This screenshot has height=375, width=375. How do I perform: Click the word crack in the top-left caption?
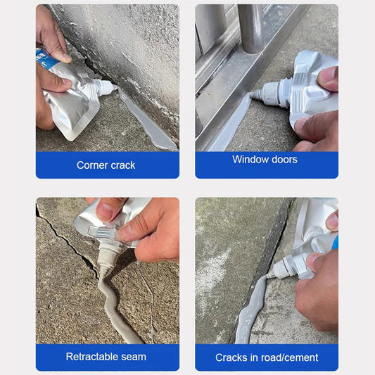point(122,165)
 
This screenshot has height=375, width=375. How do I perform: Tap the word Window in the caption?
point(248,160)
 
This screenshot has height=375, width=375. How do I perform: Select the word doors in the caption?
point(282,160)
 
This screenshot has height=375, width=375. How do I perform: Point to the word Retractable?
point(92,357)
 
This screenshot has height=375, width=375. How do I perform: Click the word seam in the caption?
point(134,357)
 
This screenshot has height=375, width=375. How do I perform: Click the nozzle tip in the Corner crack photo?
point(115,87)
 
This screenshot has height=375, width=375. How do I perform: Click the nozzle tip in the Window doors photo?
point(252,94)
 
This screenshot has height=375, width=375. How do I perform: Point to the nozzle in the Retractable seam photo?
point(106,261)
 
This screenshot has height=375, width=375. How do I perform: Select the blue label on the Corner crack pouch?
point(46,59)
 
